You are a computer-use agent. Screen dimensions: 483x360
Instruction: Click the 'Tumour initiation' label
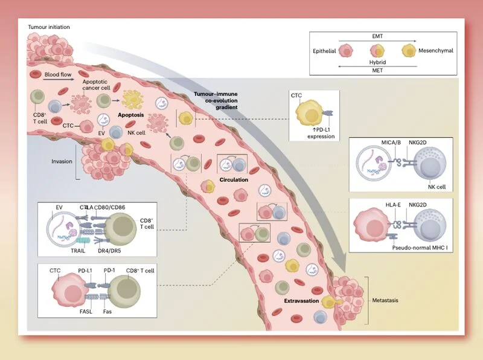click(49, 27)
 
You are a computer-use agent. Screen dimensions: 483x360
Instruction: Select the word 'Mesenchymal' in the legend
click(435, 51)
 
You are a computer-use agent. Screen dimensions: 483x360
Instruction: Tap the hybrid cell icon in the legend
click(377, 51)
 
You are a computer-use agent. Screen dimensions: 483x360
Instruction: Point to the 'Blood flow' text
click(58, 74)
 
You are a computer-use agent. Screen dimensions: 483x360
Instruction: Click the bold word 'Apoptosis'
click(131, 115)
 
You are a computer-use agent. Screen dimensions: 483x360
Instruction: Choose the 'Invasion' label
click(62, 161)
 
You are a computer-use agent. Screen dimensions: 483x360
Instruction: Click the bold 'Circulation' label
click(234, 179)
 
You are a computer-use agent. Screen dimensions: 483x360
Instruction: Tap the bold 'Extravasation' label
click(301, 301)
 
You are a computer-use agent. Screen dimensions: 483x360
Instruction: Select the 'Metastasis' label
click(385, 300)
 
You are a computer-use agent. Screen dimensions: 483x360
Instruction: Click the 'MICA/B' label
click(391, 143)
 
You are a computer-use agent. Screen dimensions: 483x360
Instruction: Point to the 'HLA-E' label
click(393, 205)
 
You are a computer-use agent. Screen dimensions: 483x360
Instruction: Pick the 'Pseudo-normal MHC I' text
click(420, 248)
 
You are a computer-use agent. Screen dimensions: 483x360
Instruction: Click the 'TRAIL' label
click(78, 251)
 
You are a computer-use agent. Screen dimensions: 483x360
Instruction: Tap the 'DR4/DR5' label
click(109, 251)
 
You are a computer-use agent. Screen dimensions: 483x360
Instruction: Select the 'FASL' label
click(86, 311)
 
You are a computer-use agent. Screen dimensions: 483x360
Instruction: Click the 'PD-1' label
click(109, 271)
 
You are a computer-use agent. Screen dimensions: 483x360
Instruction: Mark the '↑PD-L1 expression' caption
click(321, 133)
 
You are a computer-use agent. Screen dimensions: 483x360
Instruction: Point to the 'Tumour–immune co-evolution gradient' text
click(216, 100)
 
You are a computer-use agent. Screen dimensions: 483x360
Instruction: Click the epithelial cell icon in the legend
click(346, 51)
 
